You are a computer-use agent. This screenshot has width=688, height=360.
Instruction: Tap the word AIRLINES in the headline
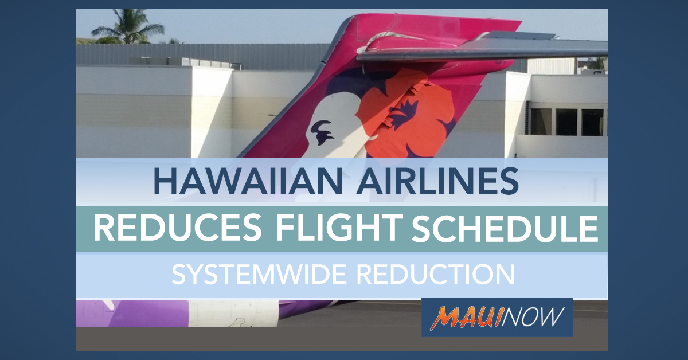437,181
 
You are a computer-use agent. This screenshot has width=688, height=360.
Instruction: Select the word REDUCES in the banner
178,228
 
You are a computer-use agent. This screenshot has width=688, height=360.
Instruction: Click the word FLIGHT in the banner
339,228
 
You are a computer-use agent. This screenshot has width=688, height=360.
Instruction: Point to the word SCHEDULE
505,228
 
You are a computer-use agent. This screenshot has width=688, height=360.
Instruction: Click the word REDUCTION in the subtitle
436,275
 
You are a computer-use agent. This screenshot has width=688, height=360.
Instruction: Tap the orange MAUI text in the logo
466,318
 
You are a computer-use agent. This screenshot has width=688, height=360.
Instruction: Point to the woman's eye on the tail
321,132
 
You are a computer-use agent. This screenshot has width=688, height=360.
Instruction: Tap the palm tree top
128,27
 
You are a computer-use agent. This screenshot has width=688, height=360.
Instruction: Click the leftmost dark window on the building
540,122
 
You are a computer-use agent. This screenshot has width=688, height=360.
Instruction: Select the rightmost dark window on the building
592,122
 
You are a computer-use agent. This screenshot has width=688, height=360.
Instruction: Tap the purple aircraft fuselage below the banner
147,314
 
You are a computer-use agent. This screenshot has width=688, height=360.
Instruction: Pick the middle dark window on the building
566,122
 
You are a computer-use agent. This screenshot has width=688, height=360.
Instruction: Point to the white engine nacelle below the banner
233,314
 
